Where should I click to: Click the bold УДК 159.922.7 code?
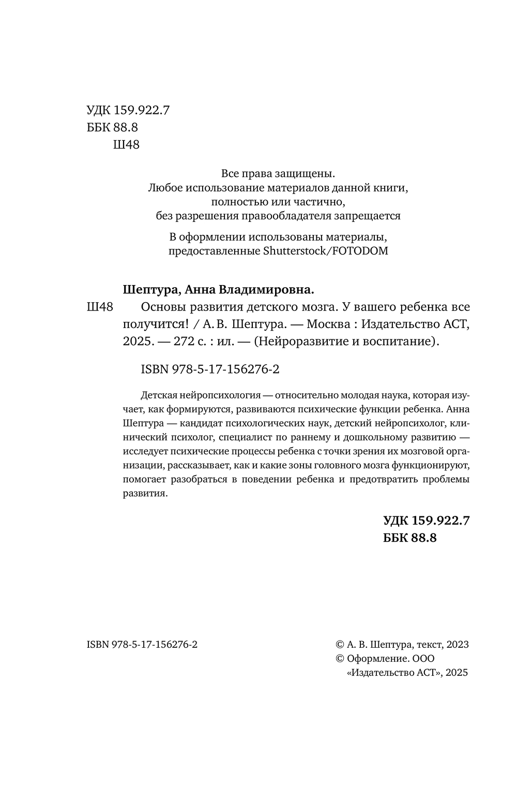[426, 521]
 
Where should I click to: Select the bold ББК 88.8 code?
[410, 538]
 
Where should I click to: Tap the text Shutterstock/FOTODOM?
[326, 251]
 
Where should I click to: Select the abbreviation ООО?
[423, 659]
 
